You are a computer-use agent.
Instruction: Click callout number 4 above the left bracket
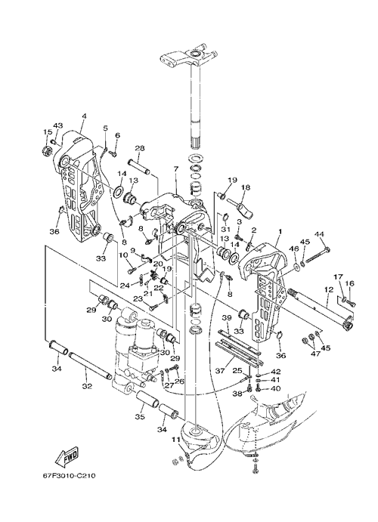84,116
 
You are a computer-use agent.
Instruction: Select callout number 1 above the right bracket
280,231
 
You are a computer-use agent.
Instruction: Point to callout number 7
175,168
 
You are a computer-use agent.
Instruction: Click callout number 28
139,148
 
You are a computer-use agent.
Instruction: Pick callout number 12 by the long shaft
328,290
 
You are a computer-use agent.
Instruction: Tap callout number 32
87,386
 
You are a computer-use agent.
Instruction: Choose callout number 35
140,416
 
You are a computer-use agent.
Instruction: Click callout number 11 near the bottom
176,440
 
